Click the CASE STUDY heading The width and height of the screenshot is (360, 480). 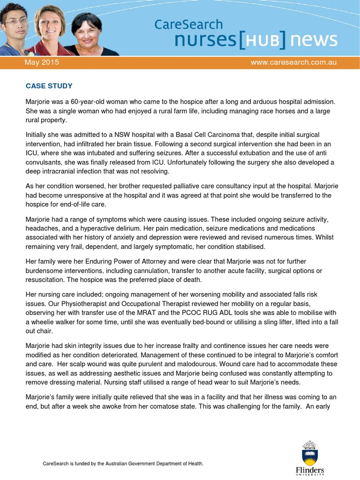(49, 86)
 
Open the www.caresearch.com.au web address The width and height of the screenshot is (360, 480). (293, 62)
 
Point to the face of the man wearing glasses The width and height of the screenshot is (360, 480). (16, 22)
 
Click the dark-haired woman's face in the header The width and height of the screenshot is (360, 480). (87, 32)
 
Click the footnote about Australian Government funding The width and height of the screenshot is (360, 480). (123, 464)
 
